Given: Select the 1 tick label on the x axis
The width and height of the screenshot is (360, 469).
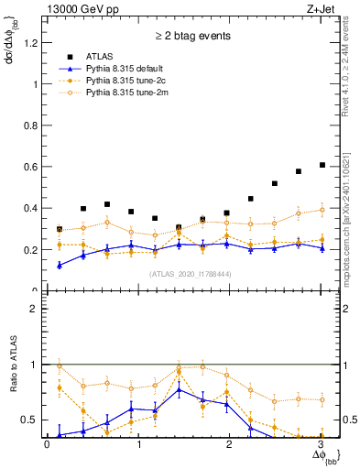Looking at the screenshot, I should click(x=138, y=444).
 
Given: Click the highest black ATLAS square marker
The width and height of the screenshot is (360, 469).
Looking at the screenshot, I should click(x=322, y=165).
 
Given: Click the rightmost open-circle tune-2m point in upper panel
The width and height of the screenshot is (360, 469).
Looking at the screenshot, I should click(x=322, y=210).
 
